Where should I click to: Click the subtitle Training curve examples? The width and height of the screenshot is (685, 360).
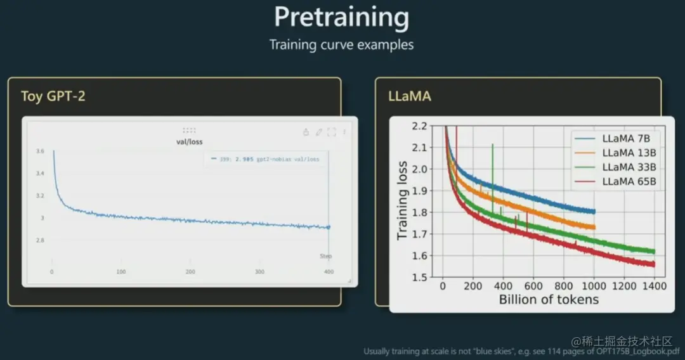pos(341,45)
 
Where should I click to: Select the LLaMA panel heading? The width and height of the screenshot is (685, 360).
pos(409,96)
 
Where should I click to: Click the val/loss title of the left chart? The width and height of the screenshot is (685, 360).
pos(190,141)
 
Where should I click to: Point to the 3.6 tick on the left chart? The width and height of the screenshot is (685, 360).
pos(40,151)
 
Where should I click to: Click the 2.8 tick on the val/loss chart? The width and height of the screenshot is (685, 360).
pos(40,241)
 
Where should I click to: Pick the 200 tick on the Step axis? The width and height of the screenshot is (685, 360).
pos(190,271)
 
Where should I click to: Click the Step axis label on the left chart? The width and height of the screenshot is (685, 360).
pos(325,256)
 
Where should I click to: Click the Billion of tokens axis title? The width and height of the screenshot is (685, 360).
pos(549,300)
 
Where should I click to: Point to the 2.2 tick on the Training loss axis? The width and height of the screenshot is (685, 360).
pos(419,126)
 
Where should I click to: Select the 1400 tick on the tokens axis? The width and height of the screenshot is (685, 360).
pos(654,286)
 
